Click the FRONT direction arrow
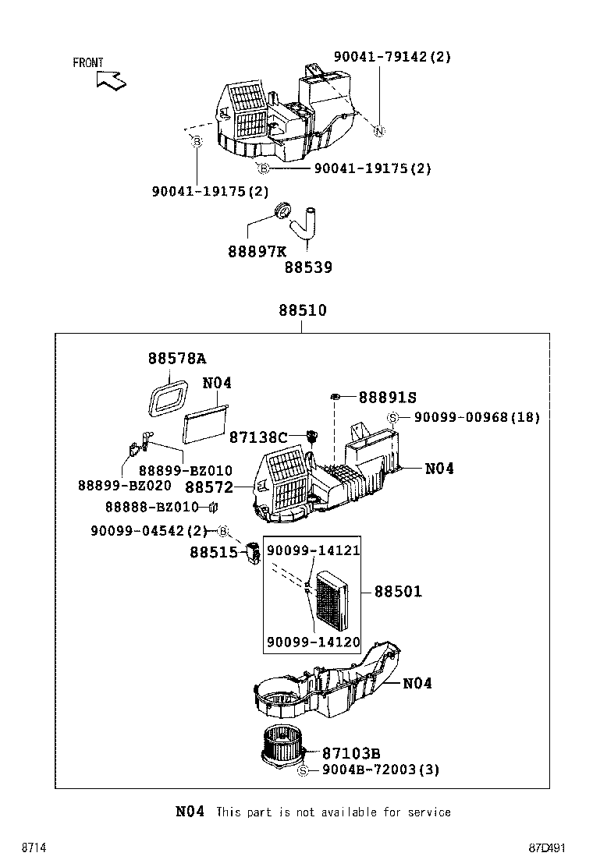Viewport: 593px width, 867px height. coord(111,80)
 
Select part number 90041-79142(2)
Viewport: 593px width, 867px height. coord(392,57)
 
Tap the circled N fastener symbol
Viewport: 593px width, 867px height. coord(378,130)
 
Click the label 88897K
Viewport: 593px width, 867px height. coord(257,252)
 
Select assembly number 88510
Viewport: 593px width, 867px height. coord(302,311)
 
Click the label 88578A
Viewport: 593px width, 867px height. coord(177,359)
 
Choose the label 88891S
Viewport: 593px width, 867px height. coord(387,398)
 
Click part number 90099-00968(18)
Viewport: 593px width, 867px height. coord(476,418)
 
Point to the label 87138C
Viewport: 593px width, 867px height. coord(258,438)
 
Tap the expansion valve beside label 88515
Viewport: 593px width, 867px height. coord(253,554)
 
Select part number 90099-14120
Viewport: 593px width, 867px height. coord(313,642)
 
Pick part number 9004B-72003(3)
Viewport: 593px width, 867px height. coord(380,770)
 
